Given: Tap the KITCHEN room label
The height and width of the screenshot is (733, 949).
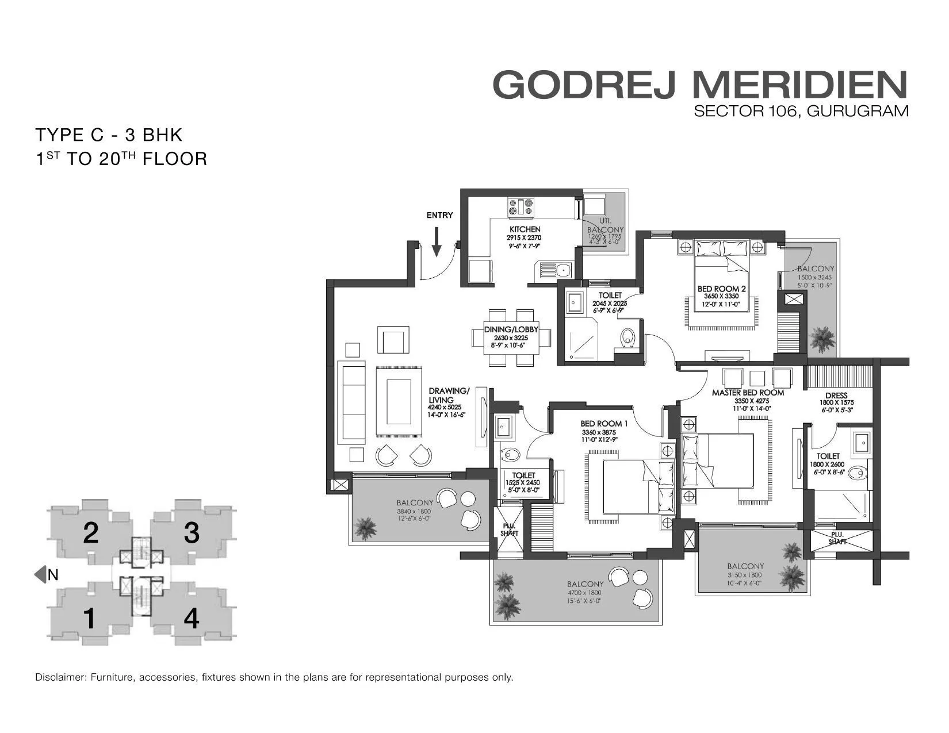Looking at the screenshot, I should pyautogui.click(x=524, y=229).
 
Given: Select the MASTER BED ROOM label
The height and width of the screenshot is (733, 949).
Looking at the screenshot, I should pyautogui.click(x=748, y=393).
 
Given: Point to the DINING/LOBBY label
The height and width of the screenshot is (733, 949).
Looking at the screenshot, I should pyautogui.click(x=511, y=329).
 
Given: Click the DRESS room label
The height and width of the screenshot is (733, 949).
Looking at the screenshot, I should pyautogui.click(x=836, y=396).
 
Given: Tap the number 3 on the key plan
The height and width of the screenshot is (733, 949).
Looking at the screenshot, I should pyautogui.click(x=192, y=533).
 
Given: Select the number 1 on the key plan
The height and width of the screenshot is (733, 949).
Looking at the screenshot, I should pyautogui.click(x=89, y=619).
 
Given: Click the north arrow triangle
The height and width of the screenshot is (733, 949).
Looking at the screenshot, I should pyautogui.click(x=40, y=574).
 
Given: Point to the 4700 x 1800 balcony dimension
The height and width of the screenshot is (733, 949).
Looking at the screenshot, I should pyautogui.click(x=584, y=592).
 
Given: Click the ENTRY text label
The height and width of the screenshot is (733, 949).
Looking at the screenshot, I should pyautogui.click(x=439, y=216).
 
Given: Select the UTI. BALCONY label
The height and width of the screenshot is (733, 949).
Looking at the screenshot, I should pyautogui.click(x=605, y=225).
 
